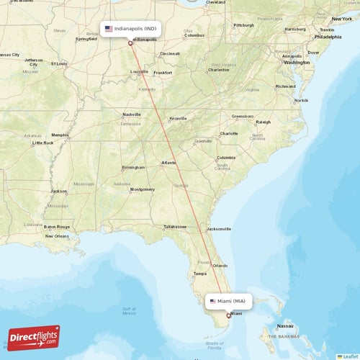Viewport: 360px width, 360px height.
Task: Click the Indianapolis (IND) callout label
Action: (130, 29)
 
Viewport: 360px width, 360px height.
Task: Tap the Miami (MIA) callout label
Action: (228, 301)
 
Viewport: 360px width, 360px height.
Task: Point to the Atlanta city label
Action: (169, 163)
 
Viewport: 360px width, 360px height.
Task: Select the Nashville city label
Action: (131, 114)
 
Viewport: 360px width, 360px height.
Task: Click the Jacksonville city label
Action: (219, 229)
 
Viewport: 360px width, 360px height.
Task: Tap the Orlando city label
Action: (220, 266)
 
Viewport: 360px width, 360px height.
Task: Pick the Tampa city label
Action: (200, 274)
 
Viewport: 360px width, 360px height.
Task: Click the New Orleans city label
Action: (56, 235)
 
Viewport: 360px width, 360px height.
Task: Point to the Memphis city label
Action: (60, 135)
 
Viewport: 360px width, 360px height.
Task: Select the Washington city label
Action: (297, 63)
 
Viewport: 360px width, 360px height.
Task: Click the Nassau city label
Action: (285, 325)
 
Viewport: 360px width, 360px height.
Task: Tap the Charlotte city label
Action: (229, 133)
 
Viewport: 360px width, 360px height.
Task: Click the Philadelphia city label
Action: (328, 36)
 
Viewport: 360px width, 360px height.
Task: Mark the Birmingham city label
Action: (133, 167)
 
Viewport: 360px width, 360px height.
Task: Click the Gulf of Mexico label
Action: (129, 310)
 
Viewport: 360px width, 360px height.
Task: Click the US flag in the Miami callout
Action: (212, 301)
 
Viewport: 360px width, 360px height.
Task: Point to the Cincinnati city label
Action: (170, 53)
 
